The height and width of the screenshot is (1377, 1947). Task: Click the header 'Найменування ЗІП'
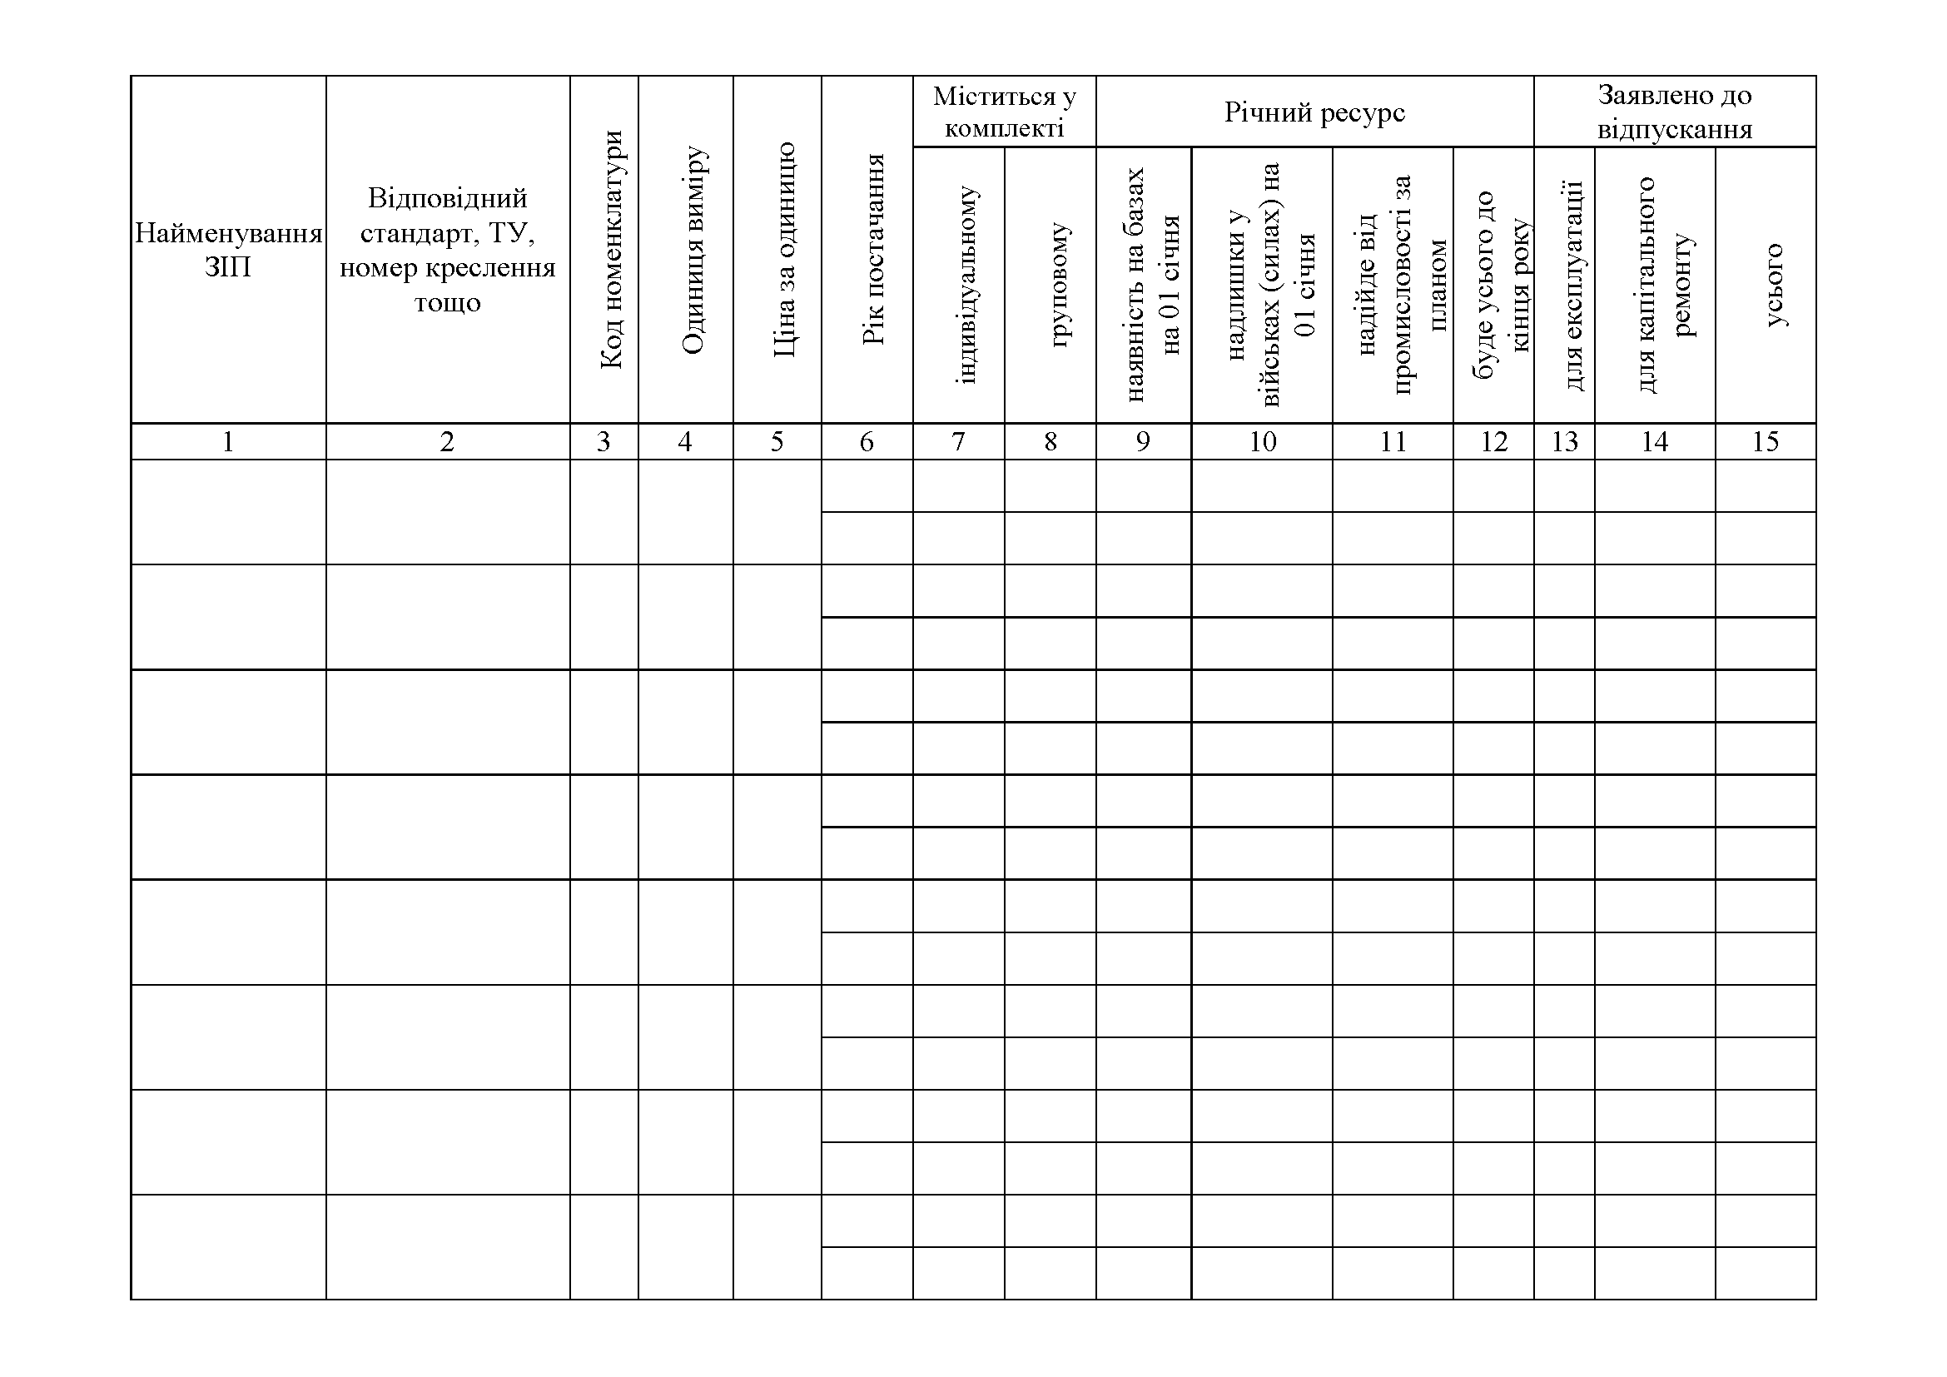click(x=228, y=250)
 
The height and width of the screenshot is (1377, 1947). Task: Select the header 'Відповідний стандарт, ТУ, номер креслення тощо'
click(x=448, y=250)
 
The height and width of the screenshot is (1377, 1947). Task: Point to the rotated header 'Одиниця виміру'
click(x=693, y=250)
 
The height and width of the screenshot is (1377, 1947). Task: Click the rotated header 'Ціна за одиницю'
click(x=784, y=250)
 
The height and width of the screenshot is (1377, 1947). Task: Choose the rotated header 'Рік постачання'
click(x=873, y=250)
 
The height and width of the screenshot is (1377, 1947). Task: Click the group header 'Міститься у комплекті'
click(x=1004, y=112)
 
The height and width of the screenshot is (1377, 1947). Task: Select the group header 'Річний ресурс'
click(x=1314, y=112)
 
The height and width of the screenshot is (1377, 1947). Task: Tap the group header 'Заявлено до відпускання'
click(x=1674, y=112)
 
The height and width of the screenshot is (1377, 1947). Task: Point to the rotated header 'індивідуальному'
click(x=966, y=285)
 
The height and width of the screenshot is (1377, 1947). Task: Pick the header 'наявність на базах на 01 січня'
click(x=1153, y=285)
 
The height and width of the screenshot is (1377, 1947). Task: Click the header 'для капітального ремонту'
click(x=1665, y=285)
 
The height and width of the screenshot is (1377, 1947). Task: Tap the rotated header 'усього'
click(x=1774, y=285)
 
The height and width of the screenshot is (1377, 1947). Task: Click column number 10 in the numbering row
click(x=1262, y=442)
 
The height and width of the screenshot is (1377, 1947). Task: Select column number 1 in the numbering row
click(x=227, y=442)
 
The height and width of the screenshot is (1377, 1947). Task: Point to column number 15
click(x=1765, y=442)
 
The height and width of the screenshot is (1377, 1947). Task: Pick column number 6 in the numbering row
click(x=866, y=442)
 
